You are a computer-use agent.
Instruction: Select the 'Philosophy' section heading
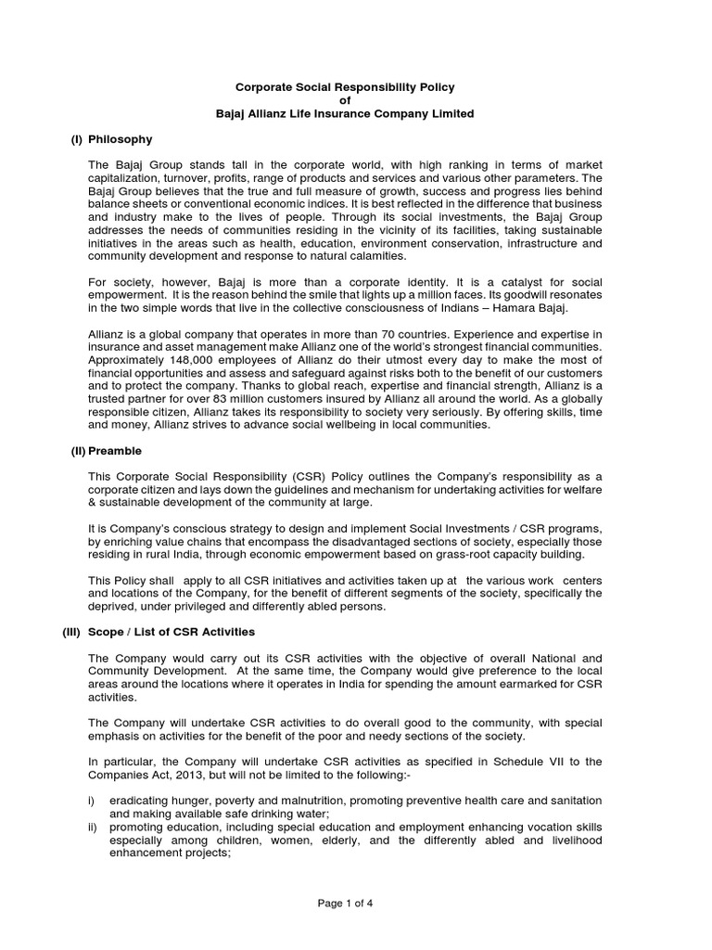pos(120,139)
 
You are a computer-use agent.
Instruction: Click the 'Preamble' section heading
pos(115,451)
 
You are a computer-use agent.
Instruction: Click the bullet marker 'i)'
pos(93,800)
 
